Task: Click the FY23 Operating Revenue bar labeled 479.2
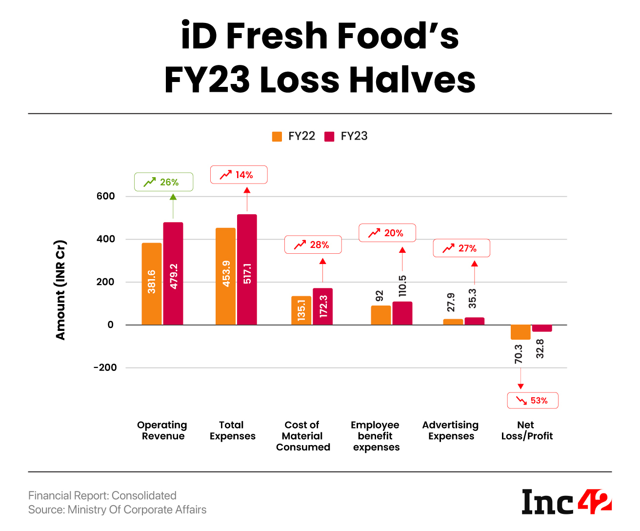coord(173,274)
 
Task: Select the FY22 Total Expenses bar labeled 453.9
coord(225,276)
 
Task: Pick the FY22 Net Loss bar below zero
coord(520,332)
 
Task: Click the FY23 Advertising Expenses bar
coord(474,321)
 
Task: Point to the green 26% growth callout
coord(163,182)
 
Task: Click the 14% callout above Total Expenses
coord(239,175)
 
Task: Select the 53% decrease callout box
coord(533,401)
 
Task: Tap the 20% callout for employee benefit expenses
coord(387,233)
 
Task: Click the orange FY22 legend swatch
coord(277,137)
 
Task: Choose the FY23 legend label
coord(354,136)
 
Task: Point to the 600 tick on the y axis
coord(106,196)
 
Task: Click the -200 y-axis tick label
coord(105,368)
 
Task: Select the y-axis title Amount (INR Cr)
coord(60,290)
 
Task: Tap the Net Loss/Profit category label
coord(527,430)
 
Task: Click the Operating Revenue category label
coord(162,430)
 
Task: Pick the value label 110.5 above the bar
coord(402,286)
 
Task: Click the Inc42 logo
coord(566,502)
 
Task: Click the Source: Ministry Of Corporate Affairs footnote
coord(118,510)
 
